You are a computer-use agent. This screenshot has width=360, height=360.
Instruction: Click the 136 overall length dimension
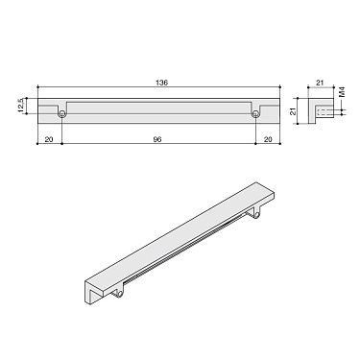160,84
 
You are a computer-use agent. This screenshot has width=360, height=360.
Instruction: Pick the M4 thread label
343,95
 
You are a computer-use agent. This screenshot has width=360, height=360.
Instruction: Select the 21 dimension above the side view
321,84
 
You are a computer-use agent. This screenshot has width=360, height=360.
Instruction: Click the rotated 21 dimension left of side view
294,112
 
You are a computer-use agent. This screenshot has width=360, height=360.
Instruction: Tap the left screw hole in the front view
62,114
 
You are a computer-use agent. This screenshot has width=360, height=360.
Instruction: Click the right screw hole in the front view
256,114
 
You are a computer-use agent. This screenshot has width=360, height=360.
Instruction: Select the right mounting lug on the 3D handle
258,219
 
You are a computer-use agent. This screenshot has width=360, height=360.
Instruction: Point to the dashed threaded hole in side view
326,112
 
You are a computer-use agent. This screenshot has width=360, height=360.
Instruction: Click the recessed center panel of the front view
159,105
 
